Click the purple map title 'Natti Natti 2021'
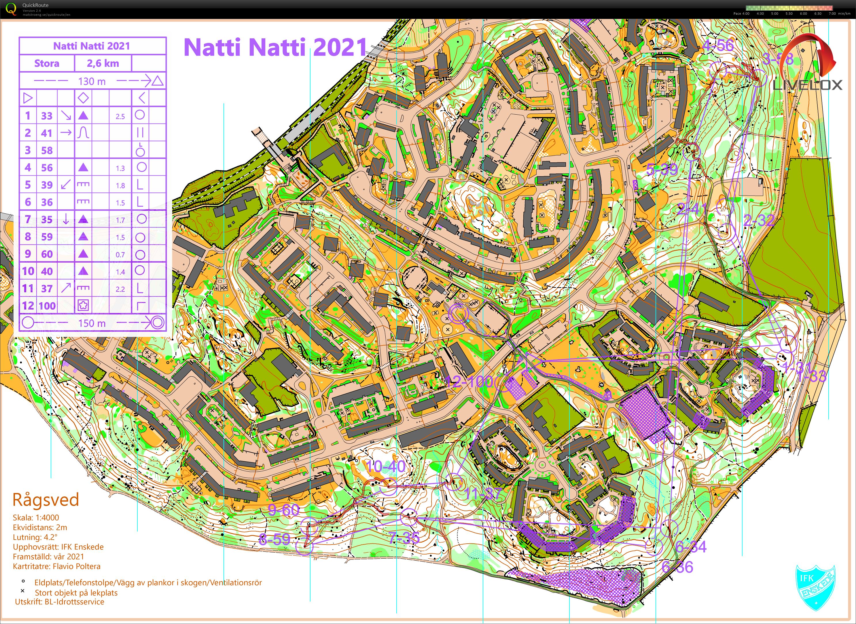pos(275,47)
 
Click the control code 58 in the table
pos(47,150)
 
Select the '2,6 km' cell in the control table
pos(103,63)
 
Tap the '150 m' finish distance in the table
pos(92,323)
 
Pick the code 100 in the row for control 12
pos(47,306)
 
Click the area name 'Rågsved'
pos(46,500)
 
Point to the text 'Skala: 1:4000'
pos(36,517)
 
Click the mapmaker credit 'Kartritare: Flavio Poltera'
pos(57,566)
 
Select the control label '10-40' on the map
pos(386,466)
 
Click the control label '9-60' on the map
pos(284,510)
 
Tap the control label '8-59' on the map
pos(274,539)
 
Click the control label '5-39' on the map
pos(662,170)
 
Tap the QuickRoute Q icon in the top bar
pos(11,9)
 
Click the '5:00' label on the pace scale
pos(774,14)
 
